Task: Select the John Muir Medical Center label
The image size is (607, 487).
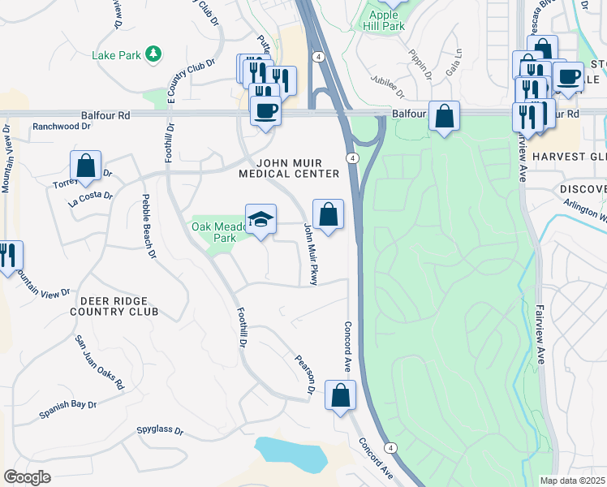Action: [289, 169]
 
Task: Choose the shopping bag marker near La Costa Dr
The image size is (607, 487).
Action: [85, 166]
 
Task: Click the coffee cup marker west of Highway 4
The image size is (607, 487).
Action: [265, 109]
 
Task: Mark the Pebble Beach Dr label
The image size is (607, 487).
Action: [148, 227]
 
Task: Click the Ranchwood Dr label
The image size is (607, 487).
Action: [61, 127]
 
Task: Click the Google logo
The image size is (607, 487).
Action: [28, 477]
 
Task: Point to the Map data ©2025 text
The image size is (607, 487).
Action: [572, 481]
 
